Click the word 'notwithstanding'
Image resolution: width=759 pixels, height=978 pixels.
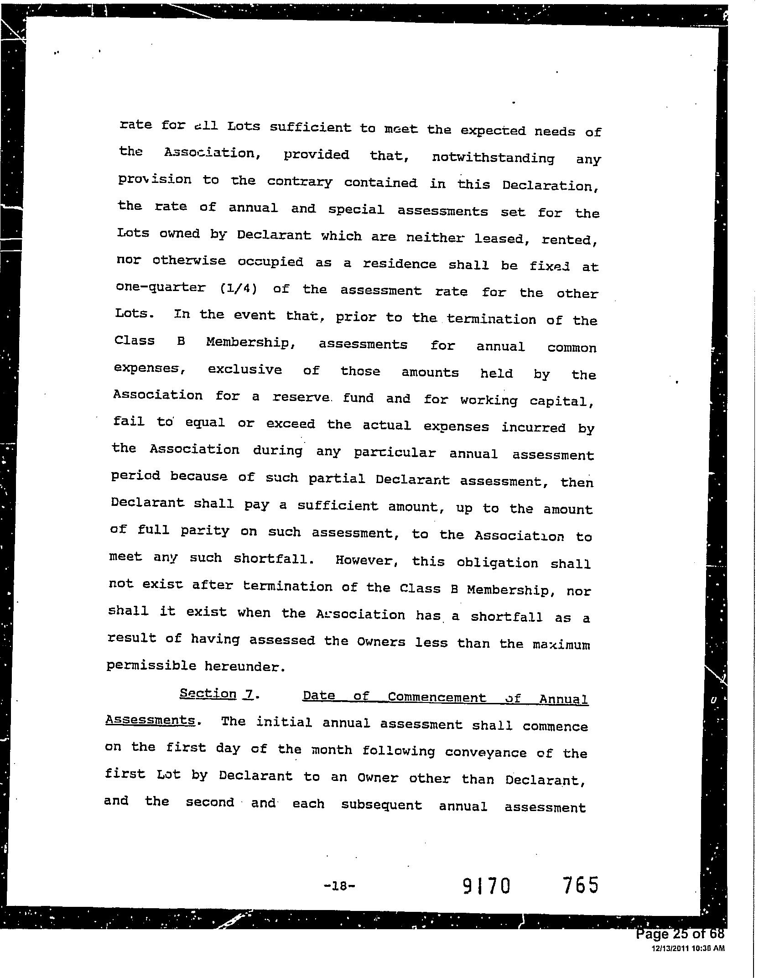[x=493, y=158]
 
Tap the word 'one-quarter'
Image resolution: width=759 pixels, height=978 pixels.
[x=161, y=287]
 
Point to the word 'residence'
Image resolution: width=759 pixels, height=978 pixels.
[x=399, y=264]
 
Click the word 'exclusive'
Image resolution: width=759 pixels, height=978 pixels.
[x=245, y=369]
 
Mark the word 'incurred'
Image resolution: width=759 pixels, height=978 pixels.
[x=533, y=427]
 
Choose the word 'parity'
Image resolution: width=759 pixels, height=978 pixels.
[x=204, y=531]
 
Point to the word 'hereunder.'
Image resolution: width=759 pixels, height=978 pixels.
[x=245, y=667]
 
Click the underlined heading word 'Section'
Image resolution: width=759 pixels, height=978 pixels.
[x=208, y=694]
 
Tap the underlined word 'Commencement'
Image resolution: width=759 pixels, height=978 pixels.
[x=437, y=697]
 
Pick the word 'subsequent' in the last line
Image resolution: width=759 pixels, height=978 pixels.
[x=381, y=805]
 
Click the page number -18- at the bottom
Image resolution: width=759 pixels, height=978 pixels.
[x=339, y=886]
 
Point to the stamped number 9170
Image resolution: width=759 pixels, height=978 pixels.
[x=486, y=886]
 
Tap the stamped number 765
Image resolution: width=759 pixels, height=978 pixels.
[x=580, y=885]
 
